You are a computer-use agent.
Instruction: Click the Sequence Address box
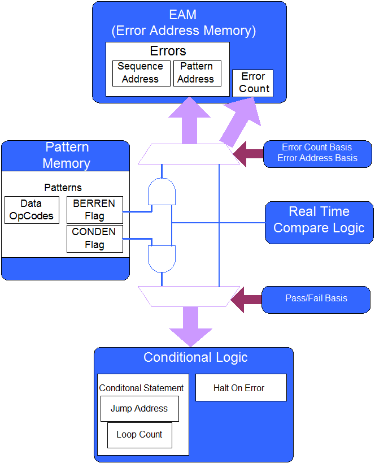point(141,73)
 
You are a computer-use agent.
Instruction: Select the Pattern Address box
point(196,73)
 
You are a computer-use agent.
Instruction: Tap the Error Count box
point(253,83)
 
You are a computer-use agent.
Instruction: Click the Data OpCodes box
point(32,210)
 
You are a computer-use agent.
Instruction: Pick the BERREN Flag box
point(94,210)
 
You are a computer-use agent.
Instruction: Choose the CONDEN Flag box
point(94,239)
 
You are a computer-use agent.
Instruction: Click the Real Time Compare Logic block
point(319,220)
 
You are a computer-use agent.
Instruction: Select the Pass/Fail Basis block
point(316,298)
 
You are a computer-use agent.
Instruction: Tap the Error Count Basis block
point(317,153)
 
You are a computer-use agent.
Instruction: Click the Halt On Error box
point(241,388)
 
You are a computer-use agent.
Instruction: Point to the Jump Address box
point(139,409)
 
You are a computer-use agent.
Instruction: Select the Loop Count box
point(139,435)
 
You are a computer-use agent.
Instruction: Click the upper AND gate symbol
point(162,192)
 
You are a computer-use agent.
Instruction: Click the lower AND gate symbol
point(162,258)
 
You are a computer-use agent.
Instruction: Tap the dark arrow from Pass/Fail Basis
point(246,299)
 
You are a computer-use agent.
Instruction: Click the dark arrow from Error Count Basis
point(247,154)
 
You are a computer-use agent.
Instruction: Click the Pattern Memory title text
point(67,155)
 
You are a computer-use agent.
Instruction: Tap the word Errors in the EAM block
point(168,51)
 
